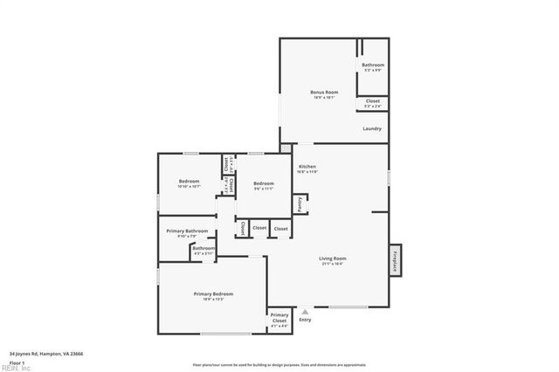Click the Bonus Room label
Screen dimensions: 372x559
[x=324, y=92]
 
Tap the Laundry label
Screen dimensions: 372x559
[x=372, y=129]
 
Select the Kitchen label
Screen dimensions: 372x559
[x=307, y=166]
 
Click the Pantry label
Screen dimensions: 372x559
[x=299, y=203]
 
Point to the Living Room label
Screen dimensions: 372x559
[x=332, y=258]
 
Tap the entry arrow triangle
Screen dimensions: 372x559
[x=305, y=311]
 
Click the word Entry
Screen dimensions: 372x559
[x=305, y=320]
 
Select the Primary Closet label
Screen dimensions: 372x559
[x=279, y=317]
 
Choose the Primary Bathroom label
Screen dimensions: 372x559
[x=187, y=231]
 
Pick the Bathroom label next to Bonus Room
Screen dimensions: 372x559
[x=373, y=65]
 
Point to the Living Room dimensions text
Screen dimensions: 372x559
[x=332, y=264]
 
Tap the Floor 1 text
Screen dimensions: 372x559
[x=17, y=362]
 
